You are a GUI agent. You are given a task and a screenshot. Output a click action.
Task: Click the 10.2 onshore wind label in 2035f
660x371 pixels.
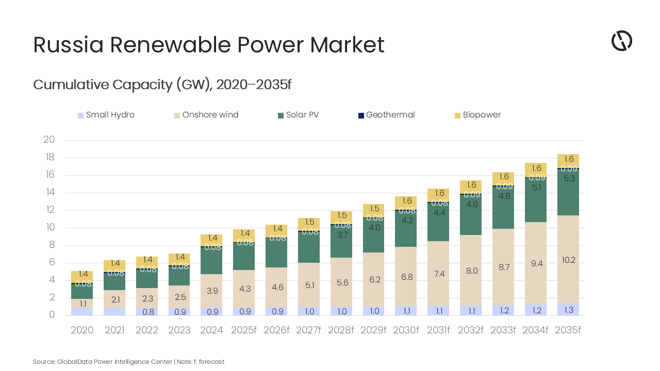tap(568, 260)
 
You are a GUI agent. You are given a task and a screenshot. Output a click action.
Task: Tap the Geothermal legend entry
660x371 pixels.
tap(386, 115)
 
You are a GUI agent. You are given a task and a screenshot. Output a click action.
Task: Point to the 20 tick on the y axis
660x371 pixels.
tap(49, 140)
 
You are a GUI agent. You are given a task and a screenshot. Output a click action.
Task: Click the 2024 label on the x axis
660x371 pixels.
tap(211, 330)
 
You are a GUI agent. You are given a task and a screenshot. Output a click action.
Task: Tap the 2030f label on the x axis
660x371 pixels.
tap(406, 330)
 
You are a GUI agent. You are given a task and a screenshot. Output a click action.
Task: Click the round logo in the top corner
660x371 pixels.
tap(621, 41)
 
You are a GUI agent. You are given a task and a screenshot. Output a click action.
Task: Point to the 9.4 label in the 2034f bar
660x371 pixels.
tap(536, 264)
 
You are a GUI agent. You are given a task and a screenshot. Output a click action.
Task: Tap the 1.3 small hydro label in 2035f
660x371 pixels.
tap(568, 310)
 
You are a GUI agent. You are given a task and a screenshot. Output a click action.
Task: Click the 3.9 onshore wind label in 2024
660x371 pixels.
tap(211, 291)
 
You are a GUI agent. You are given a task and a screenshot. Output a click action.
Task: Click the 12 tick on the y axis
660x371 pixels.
tap(49, 210)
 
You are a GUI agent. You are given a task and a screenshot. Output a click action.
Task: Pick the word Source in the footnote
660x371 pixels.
tap(43, 362)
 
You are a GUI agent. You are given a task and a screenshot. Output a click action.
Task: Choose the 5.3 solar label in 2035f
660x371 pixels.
tap(568, 179)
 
